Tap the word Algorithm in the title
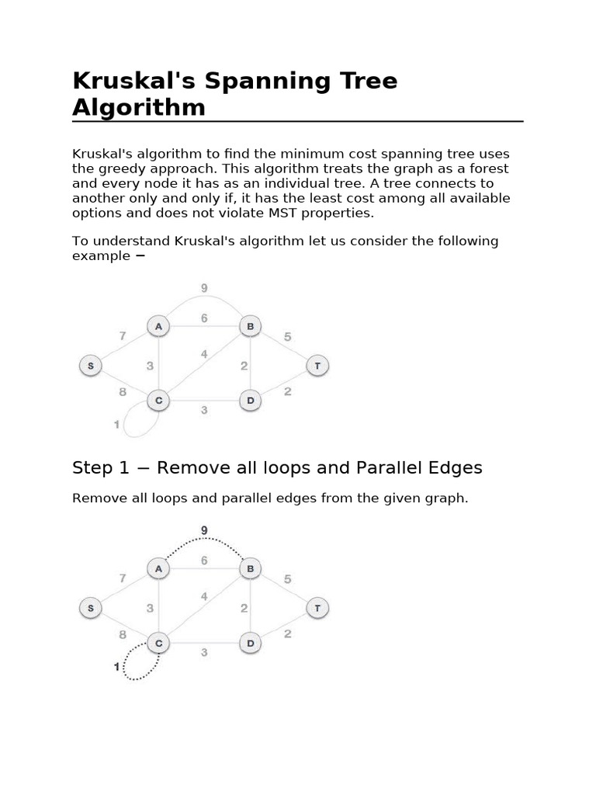[x=139, y=107]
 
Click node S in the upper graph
[x=91, y=365]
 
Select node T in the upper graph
[x=317, y=365]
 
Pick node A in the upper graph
[x=158, y=326]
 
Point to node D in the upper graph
[x=250, y=401]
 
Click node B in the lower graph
[x=250, y=569]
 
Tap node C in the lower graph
[x=158, y=644]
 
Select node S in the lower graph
[x=91, y=608]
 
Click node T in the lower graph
[x=317, y=608]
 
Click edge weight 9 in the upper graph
[x=204, y=288]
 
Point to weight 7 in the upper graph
[x=123, y=336]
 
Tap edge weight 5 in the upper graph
[x=288, y=336]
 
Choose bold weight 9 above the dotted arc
[x=204, y=531]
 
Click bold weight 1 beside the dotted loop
[x=117, y=667]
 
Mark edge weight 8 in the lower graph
[x=123, y=634]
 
